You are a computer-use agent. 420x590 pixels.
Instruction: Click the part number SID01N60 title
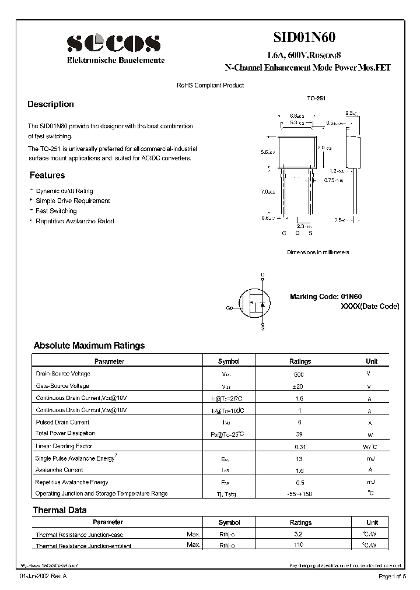pos(304,37)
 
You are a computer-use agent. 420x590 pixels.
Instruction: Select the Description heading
pos(51,104)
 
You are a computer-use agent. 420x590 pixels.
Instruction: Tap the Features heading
pos(47,175)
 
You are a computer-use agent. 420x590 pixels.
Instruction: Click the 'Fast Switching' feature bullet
pos(56,211)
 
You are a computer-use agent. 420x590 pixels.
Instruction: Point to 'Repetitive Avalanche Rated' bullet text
pos(75,222)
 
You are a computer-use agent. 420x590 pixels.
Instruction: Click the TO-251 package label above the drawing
pos(317,99)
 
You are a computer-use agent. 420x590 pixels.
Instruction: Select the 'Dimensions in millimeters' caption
pos(318,252)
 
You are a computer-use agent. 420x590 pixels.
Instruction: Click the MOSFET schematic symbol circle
pos(255,304)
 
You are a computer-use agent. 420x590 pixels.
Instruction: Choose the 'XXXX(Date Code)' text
pos(370,307)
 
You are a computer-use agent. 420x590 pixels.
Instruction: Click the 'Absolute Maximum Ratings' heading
pos(89,346)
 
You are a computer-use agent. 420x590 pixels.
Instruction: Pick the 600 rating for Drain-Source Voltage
pos(299,374)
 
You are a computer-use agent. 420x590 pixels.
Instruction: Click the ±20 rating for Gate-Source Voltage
pos(299,387)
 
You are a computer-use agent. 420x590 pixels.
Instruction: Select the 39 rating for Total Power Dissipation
pos(299,434)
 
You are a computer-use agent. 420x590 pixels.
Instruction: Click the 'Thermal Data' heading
pos(60,510)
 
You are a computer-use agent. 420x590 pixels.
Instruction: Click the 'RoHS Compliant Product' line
pos(210,86)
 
